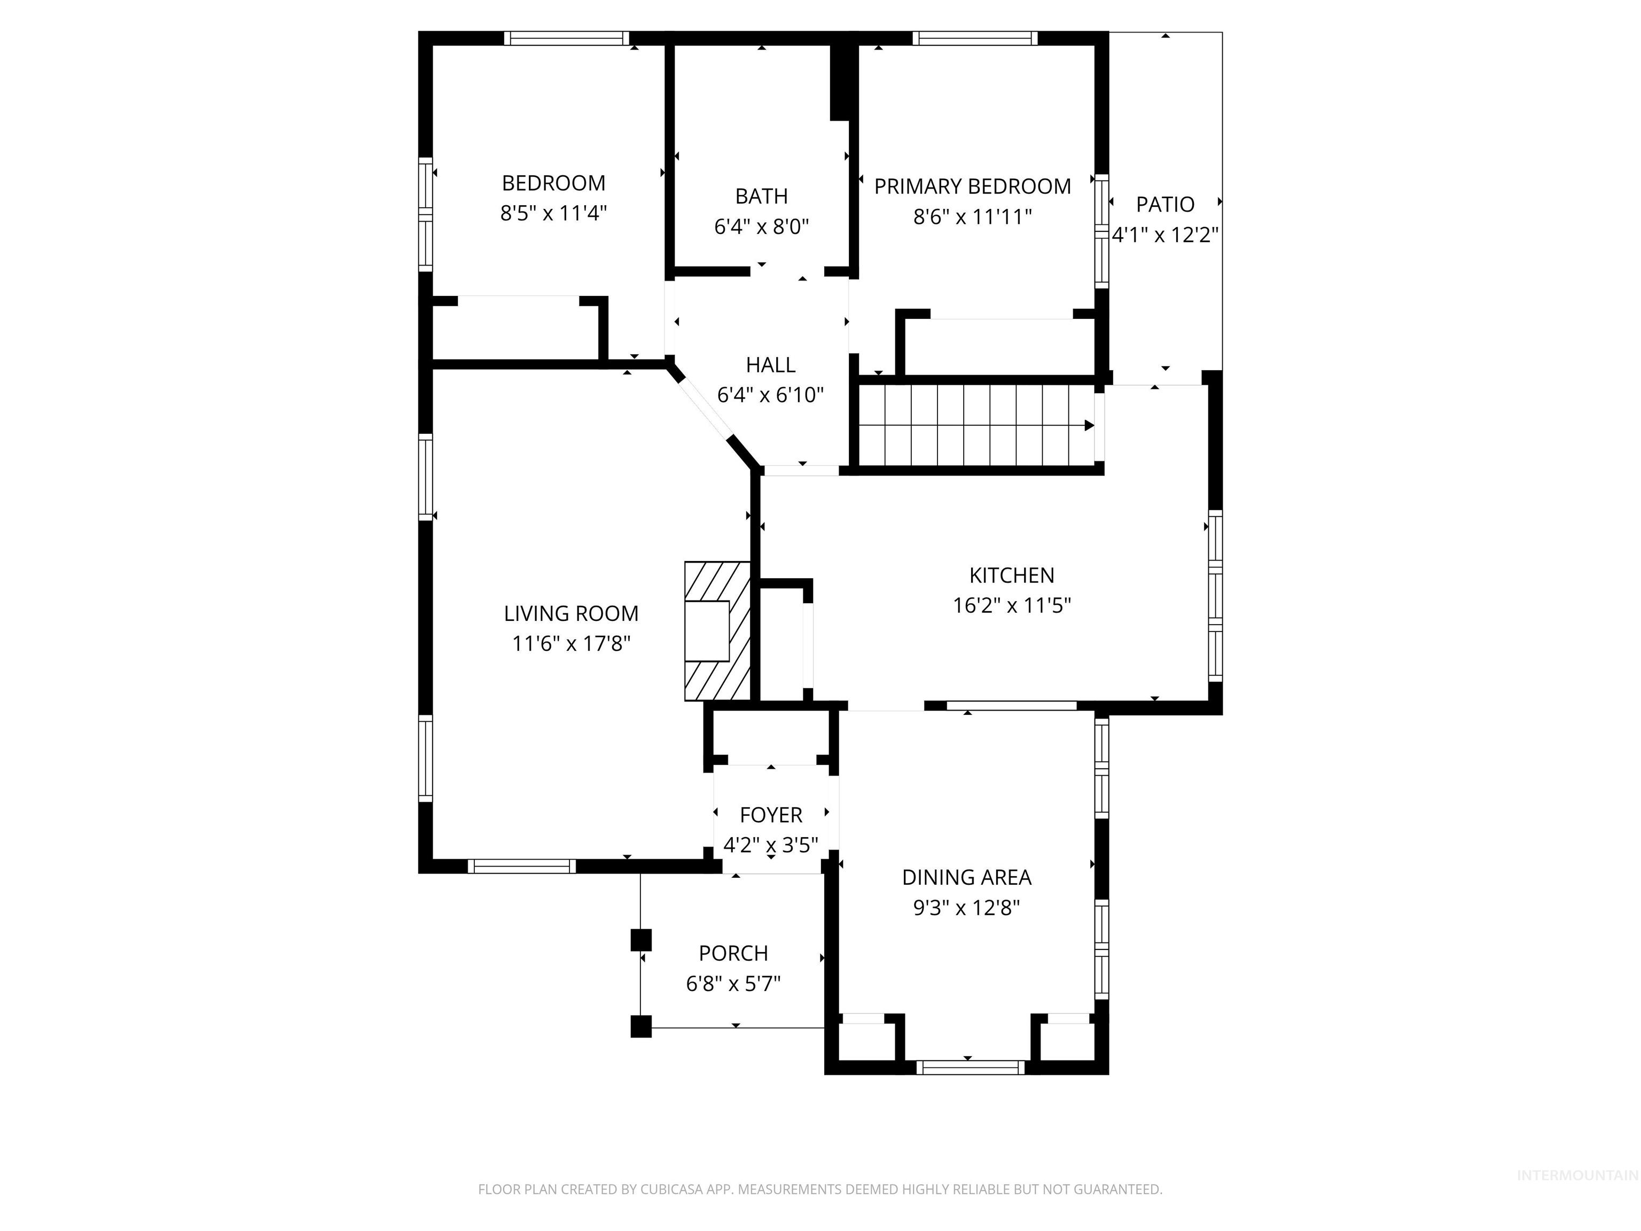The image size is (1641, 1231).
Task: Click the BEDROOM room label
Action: point(553,183)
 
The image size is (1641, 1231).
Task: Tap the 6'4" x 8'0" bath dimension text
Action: point(761,227)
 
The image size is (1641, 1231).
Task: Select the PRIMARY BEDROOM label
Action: point(972,186)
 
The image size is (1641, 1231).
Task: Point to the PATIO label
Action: point(1165,204)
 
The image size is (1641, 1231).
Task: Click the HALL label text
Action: point(770,365)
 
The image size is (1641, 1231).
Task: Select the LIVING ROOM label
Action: point(571,614)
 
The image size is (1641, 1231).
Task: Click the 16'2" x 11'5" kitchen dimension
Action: point(1011,605)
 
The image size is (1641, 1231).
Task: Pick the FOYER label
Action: point(771,815)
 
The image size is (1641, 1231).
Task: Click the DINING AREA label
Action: point(966,877)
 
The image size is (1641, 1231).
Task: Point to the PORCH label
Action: point(733,953)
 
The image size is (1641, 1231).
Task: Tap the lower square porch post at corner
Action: point(641,1027)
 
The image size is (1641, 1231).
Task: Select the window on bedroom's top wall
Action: point(567,38)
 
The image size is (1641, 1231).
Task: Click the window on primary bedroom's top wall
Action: point(974,38)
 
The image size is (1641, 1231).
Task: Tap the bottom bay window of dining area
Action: point(970,1067)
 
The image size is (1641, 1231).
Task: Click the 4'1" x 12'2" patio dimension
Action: point(1165,235)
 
